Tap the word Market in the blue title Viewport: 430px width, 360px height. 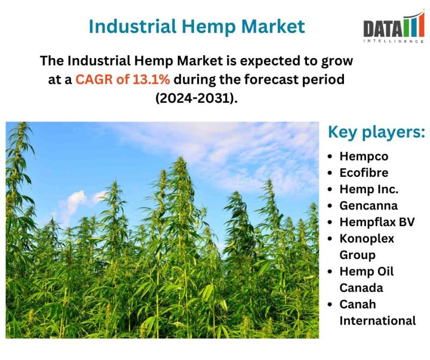(273, 26)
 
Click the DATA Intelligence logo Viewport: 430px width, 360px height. (394, 27)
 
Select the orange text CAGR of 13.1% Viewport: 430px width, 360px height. (123, 80)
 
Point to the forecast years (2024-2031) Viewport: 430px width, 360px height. (196, 98)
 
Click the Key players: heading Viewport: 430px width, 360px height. (377, 132)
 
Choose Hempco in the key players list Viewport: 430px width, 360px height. (364, 156)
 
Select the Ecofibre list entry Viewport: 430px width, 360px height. (364, 172)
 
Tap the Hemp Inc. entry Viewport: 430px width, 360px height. (369, 189)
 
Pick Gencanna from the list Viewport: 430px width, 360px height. (369, 206)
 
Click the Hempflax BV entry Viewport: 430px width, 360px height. (377, 222)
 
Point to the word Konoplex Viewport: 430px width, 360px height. (367, 239)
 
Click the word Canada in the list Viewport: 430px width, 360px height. (361, 288)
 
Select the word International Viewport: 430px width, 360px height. (378, 321)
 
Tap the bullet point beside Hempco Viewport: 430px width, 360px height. (330, 156)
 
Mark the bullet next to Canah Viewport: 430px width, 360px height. (330, 305)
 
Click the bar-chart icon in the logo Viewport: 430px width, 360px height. (413, 24)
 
